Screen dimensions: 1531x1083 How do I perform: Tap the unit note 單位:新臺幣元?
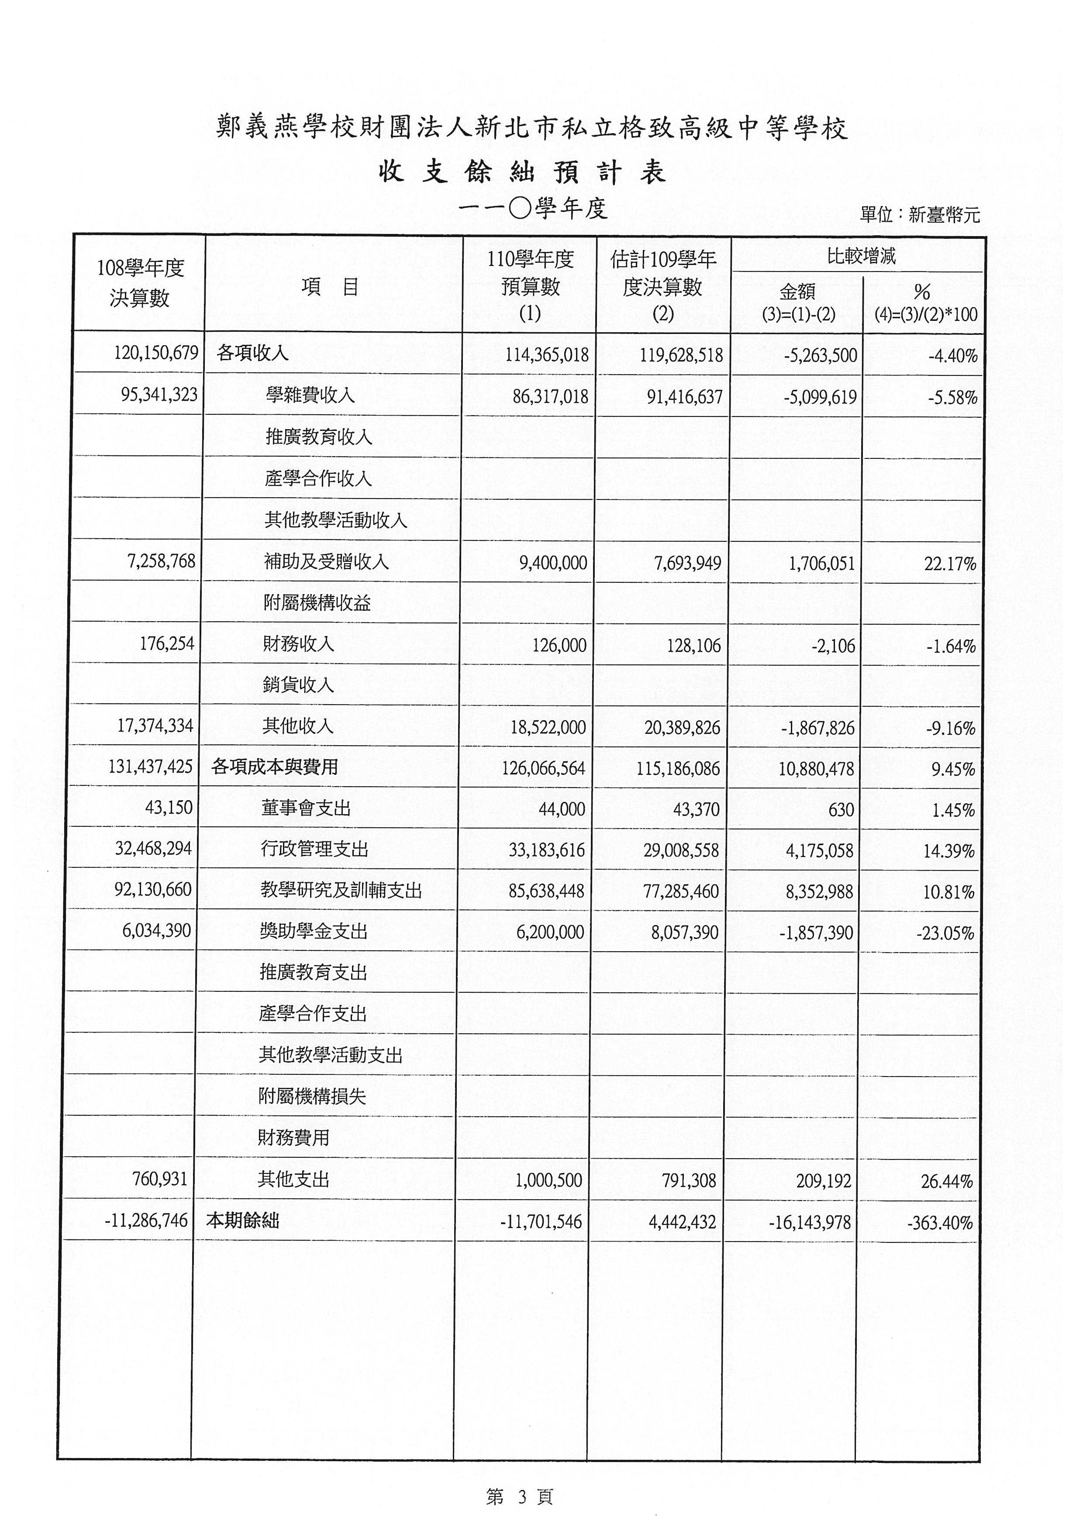point(920,215)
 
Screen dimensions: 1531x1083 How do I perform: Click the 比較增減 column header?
point(861,256)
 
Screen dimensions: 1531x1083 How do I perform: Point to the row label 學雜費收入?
point(310,396)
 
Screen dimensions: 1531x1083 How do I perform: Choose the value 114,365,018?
point(547,355)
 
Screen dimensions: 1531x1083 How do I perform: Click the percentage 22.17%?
point(950,564)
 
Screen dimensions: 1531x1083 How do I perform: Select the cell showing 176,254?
point(167,643)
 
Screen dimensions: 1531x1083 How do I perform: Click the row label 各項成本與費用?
point(275,767)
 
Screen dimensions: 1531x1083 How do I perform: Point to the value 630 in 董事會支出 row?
point(841,809)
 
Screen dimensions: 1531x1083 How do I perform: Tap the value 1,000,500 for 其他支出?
point(548,1181)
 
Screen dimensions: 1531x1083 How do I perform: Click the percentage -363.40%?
point(940,1223)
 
